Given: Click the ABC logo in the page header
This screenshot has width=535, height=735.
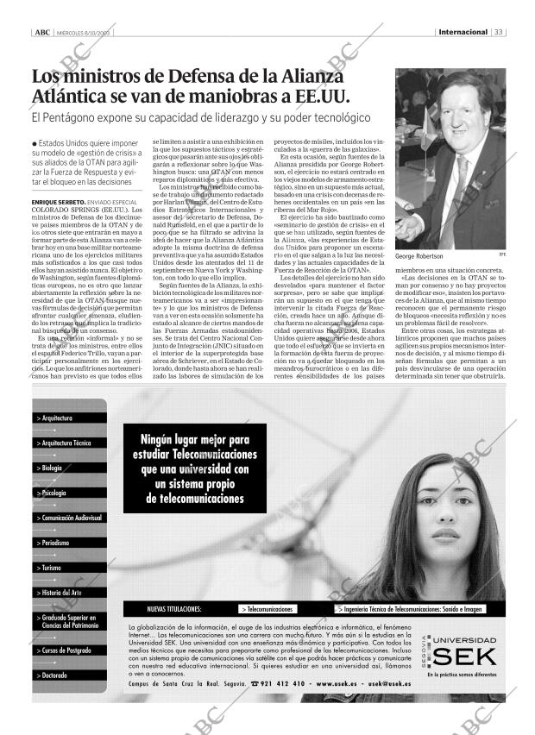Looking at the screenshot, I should point(41,33).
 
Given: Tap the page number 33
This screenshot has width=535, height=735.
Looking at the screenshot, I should point(499,33).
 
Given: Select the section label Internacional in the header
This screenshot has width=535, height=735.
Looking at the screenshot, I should point(463,33).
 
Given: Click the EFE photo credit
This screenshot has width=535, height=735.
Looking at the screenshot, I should point(501,254).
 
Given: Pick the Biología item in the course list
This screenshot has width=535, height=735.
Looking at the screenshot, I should point(52,468).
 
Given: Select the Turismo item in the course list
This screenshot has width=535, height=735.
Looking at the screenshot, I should point(52,568).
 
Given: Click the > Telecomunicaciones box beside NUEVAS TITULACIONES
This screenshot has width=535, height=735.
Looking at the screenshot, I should point(267,608).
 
